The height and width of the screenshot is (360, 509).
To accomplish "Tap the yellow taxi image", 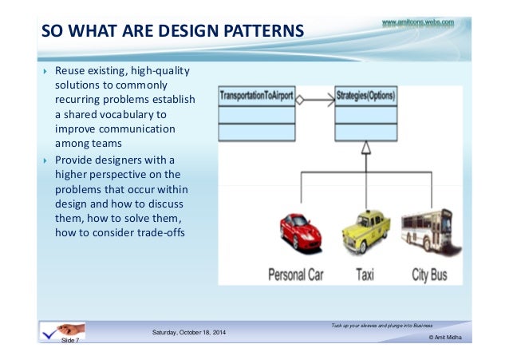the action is (365, 232).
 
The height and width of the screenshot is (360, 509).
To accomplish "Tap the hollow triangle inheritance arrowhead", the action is (365, 147).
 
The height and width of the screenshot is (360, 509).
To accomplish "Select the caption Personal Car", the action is (296, 275).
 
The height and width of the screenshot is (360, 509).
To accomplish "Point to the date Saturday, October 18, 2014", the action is (189, 331).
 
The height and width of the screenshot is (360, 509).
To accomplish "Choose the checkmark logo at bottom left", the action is (57, 331).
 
